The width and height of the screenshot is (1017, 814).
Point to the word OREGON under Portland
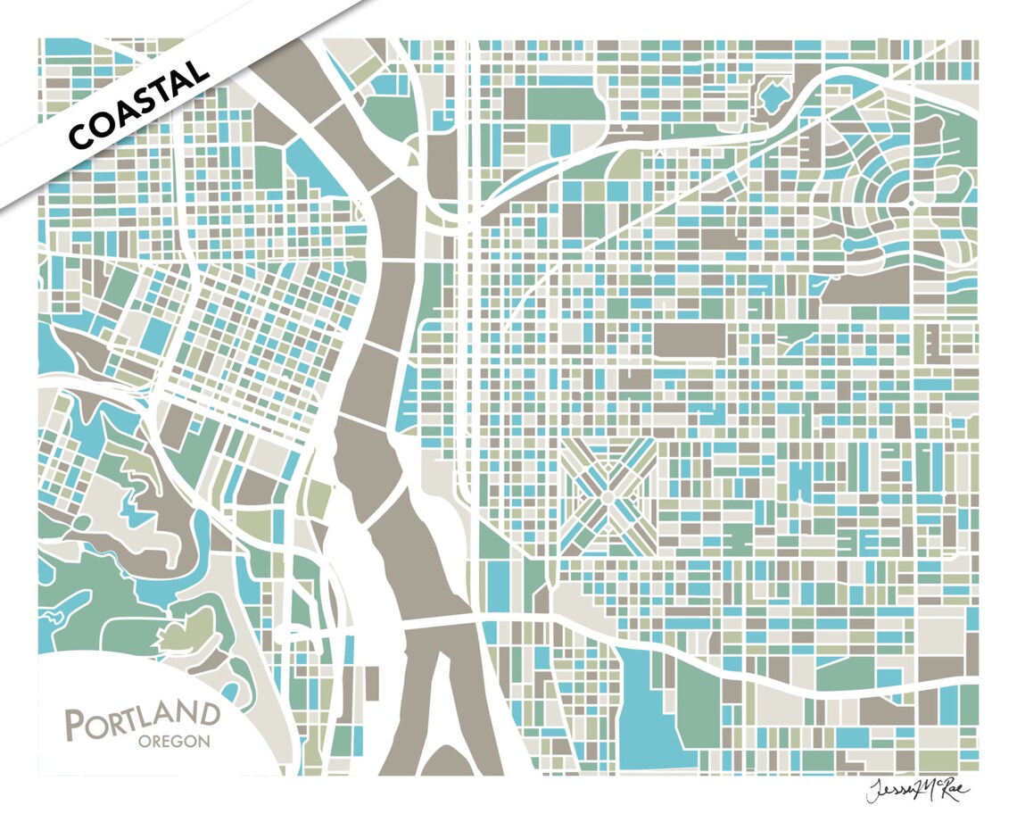(174, 741)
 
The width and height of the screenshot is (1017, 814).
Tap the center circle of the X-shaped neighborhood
(608, 491)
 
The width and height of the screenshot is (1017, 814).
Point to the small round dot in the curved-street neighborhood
(911, 203)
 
